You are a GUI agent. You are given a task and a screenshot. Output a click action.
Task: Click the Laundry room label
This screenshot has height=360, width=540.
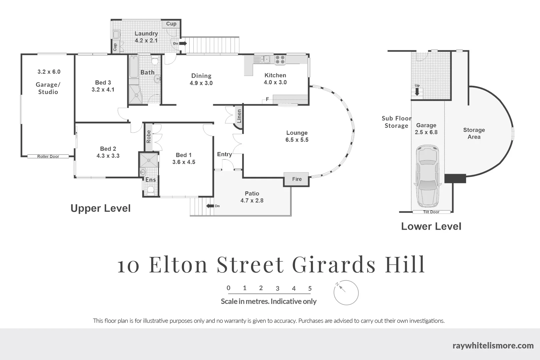click(x=146, y=34)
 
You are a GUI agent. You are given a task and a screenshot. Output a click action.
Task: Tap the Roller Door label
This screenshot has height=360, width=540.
click(x=48, y=156)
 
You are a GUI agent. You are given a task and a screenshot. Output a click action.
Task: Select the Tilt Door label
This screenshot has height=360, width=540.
click(x=431, y=212)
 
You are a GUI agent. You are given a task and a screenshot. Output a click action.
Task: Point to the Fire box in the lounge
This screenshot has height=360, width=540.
click(x=297, y=179)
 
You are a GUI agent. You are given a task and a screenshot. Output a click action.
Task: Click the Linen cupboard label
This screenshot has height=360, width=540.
click(x=239, y=116)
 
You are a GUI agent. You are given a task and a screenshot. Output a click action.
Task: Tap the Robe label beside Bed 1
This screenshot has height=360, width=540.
click(x=149, y=137)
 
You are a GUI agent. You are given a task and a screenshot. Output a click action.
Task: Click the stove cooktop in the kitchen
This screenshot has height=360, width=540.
click(x=280, y=60)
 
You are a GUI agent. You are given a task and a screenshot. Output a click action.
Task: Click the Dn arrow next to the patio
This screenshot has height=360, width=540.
click(x=210, y=206)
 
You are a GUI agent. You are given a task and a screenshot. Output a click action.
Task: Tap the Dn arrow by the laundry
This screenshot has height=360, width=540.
click(x=183, y=43)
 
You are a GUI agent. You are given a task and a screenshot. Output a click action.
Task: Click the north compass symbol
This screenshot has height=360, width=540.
click(x=346, y=293)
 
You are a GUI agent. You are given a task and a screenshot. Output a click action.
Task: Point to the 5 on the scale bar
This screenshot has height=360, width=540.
click(x=310, y=288)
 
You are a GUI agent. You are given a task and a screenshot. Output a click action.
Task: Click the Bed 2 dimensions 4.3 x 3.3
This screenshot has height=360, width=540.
click(x=108, y=156)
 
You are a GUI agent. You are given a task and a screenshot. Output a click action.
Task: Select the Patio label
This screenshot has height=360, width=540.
click(x=252, y=193)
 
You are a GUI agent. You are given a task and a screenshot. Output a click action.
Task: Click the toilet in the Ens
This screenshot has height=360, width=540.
click(x=150, y=190)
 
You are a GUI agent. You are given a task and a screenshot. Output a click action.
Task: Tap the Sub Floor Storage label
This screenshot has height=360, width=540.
click(x=396, y=122)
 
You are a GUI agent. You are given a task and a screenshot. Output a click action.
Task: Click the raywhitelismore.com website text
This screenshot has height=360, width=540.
click(x=493, y=345)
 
